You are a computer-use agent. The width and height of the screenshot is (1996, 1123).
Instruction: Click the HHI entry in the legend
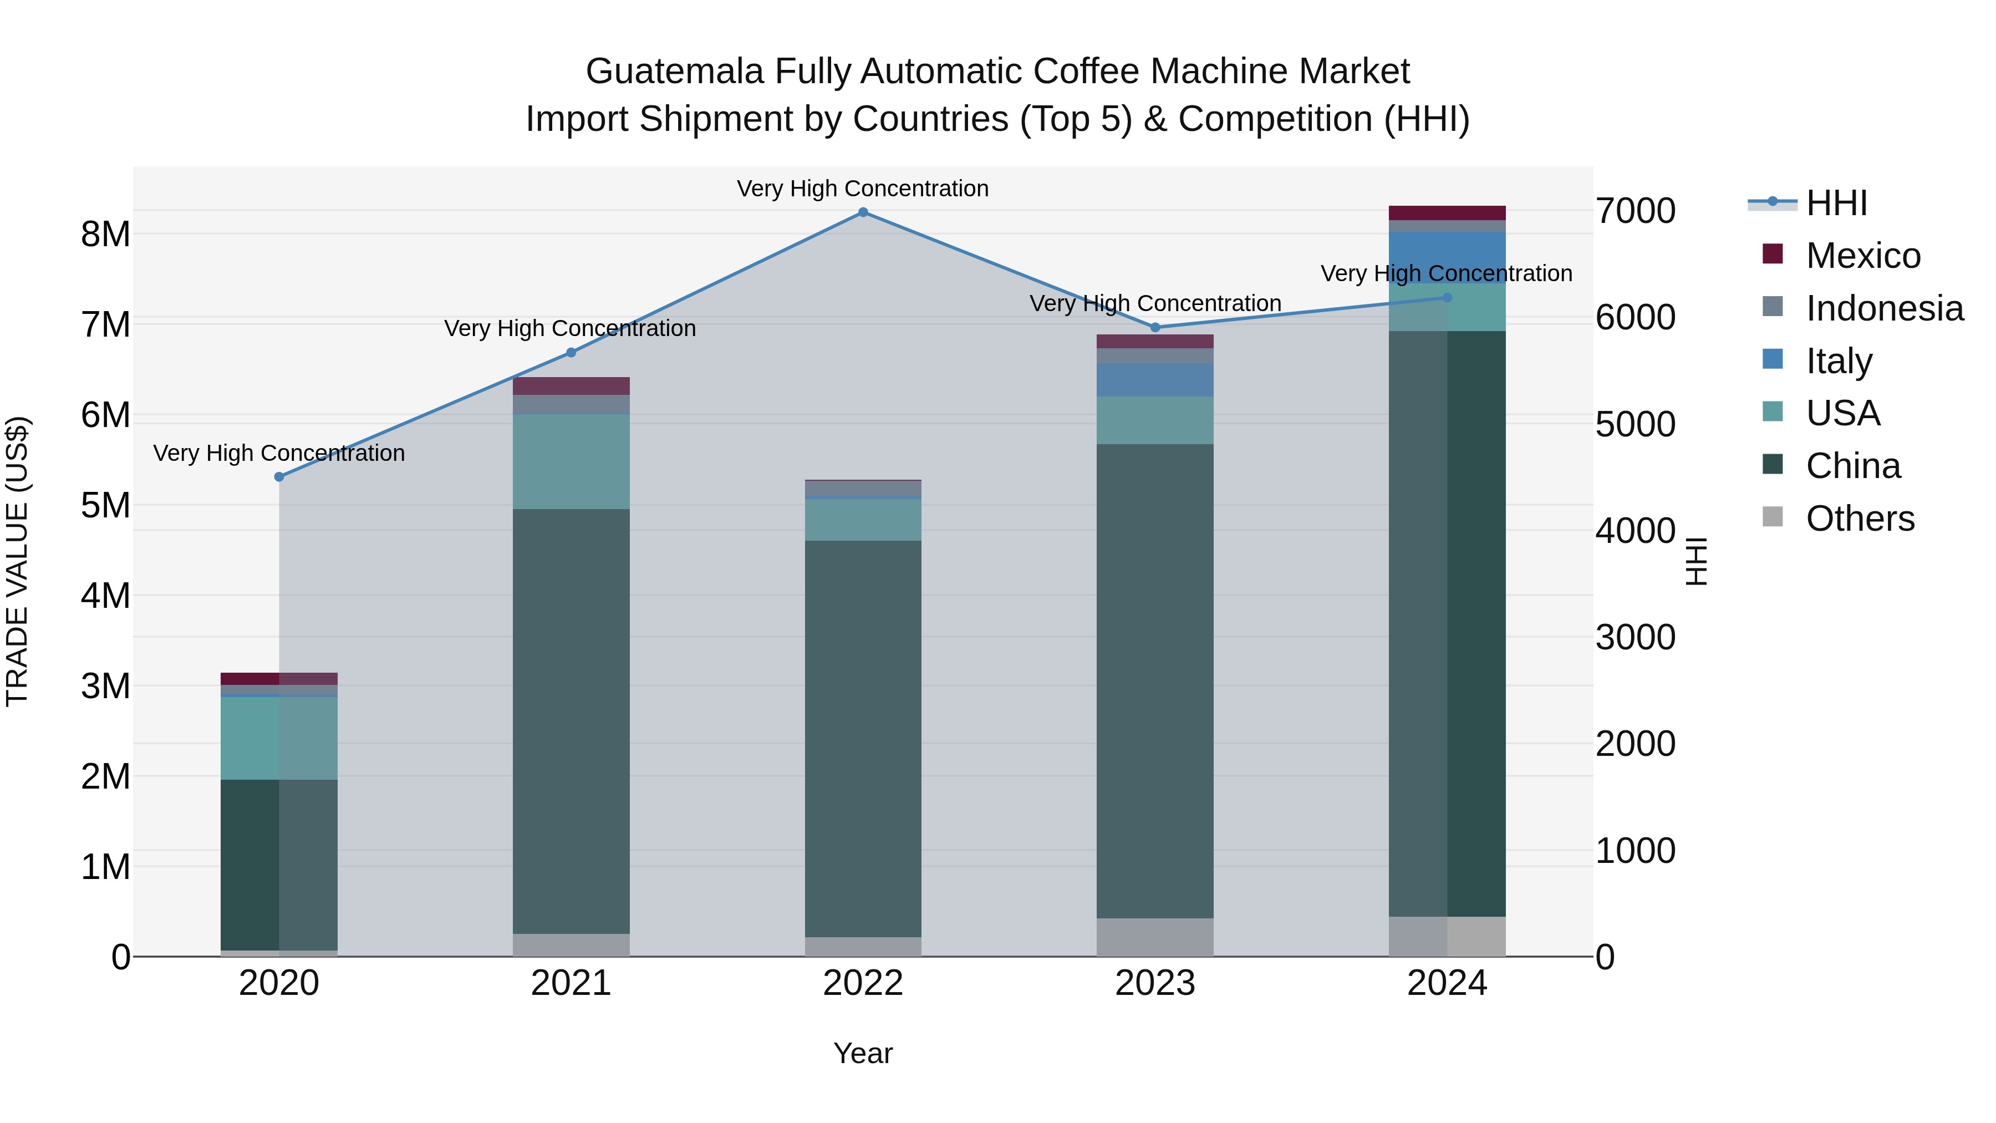tap(1836, 203)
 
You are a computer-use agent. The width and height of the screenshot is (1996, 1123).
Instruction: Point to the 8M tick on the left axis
tap(105, 234)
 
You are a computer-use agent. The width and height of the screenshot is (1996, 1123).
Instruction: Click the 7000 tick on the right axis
tap(1635, 211)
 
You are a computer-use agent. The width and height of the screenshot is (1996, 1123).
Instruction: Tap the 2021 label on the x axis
tap(571, 983)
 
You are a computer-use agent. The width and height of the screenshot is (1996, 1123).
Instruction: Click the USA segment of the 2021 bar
tap(571, 461)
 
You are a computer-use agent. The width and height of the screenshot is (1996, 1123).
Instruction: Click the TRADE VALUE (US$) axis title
tap(17, 561)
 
